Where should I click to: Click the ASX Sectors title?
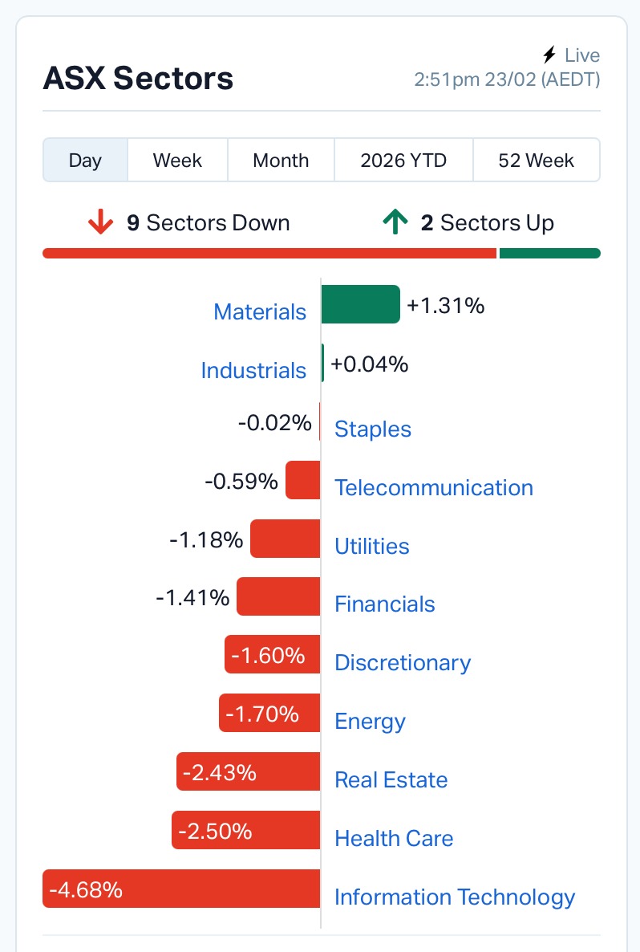pos(138,79)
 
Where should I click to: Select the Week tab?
pos(177,161)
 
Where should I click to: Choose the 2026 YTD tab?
pos(403,161)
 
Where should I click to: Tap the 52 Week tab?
pos(536,161)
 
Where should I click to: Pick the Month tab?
pos(281,161)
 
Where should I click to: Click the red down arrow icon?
pos(100,222)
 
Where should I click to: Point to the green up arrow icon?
pos(395,222)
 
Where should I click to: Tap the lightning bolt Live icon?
pos(549,55)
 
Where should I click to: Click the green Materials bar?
pos(360,304)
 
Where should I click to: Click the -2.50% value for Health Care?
pos(215,831)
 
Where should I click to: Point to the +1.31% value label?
pos(446,305)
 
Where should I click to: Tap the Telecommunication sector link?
pos(433,488)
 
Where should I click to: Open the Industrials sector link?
pos(253,371)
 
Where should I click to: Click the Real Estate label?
pos(391,780)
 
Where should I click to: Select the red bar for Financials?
pos(278,597)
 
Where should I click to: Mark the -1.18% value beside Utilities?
pos(206,539)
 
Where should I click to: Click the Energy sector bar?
pos(269,714)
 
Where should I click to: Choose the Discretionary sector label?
pos(402,663)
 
